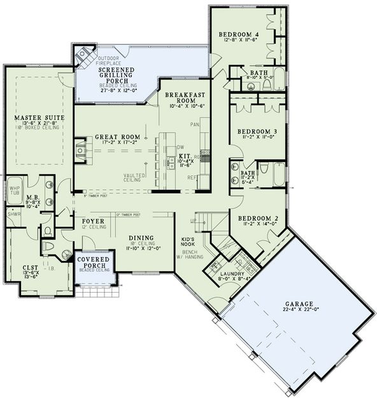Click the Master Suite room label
click(x=37, y=117)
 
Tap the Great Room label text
click(x=117, y=136)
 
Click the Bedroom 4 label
click(x=239, y=34)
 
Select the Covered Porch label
click(x=94, y=262)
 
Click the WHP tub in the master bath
click(x=15, y=190)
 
